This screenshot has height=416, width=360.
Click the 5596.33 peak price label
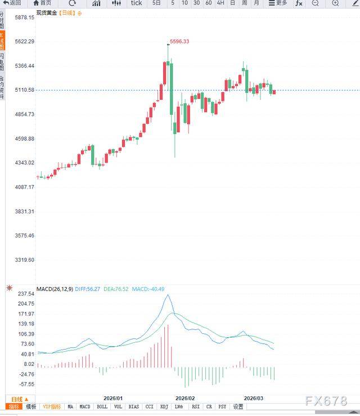click(179, 41)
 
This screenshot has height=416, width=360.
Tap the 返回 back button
click(12, 3)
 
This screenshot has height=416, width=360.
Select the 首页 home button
click(42, 3)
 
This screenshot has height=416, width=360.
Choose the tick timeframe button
click(136, 3)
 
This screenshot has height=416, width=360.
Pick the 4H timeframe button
click(220, 3)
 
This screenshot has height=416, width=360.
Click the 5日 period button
click(156, 3)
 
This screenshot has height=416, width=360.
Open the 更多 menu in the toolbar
click(278, 3)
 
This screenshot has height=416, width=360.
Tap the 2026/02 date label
click(185, 398)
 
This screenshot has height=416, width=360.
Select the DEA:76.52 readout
click(116, 289)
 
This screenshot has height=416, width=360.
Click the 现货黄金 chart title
click(46, 12)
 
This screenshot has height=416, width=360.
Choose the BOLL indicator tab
click(102, 406)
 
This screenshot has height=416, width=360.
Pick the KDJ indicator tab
click(164, 406)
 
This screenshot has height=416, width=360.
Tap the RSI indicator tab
click(195, 406)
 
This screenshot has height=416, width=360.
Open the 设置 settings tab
click(238, 406)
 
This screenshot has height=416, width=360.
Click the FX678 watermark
click(326, 401)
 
